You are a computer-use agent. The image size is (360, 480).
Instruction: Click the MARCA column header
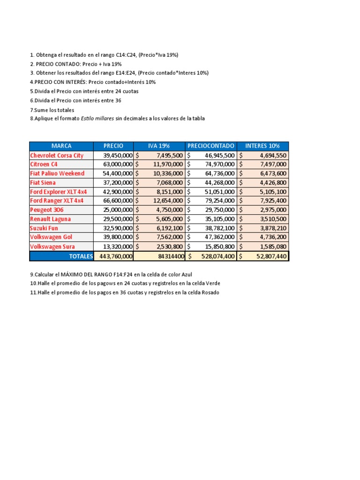pos(61,146)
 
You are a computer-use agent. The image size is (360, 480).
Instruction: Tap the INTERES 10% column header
pos(263,146)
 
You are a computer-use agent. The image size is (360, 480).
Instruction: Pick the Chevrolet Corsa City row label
pos(57,155)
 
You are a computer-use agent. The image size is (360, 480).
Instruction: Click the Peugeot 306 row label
pos(47,210)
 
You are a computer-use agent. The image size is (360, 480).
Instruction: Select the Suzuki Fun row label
pos(45,228)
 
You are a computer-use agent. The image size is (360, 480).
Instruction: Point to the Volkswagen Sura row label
pos(52,247)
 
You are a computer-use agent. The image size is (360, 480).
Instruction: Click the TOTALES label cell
pos(81,256)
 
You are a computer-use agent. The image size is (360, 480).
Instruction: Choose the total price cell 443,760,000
pos(114,256)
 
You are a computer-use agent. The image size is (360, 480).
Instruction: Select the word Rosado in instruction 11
pos(209,292)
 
